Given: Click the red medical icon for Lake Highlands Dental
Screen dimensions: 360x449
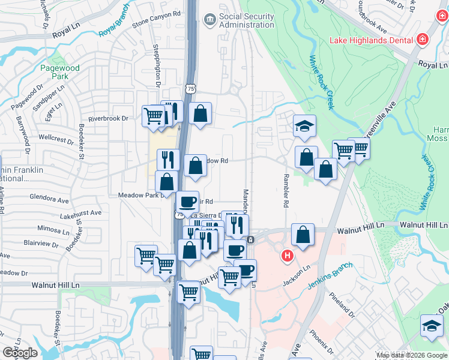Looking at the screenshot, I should click(x=423, y=40).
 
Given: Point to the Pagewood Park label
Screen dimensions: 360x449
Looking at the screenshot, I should click(x=59, y=73).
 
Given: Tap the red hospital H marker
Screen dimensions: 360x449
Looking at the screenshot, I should click(x=288, y=256).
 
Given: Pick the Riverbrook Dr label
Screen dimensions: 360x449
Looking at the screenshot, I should click(x=109, y=119).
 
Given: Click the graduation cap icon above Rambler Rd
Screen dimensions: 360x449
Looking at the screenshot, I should click(x=304, y=125).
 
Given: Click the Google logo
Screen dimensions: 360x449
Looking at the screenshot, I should click(x=20, y=353).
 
